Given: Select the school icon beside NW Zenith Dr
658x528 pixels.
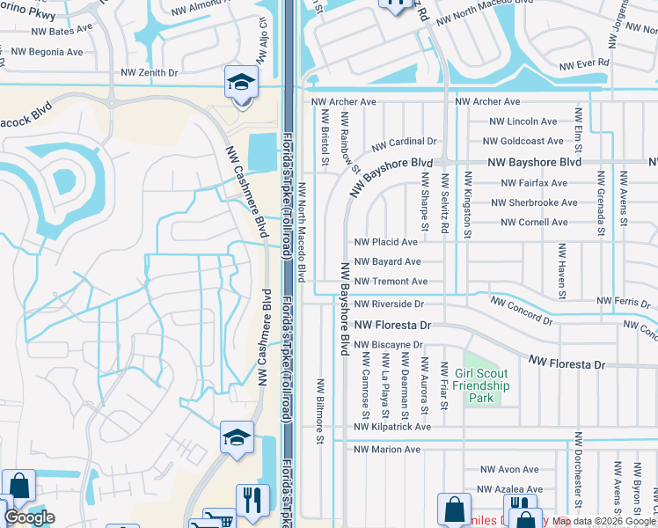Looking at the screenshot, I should pyautogui.click(x=239, y=83).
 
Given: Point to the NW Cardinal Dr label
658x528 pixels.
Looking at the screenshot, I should pyautogui.click(x=404, y=141).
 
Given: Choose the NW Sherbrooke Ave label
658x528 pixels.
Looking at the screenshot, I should pyautogui.click(x=539, y=202).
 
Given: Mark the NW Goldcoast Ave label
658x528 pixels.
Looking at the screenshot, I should pyautogui.click(x=526, y=141).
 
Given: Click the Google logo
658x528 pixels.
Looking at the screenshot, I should pyautogui.click(x=29, y=517).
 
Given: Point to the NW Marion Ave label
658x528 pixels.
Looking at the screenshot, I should pyautogui.click(x=387, y=450).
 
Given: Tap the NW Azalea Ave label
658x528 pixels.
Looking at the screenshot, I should pyautogui.click(x=508, y=488).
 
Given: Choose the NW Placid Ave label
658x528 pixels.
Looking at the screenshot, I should pyautogui.click(x=385, y=242).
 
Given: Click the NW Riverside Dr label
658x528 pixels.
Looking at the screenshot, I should pyautogui.click(x=390, y=304).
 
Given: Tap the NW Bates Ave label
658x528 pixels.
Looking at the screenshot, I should pyautogui.click(x=62, y=30).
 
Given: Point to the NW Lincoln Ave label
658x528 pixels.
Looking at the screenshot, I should pyautogui.click(x=523, y=121).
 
